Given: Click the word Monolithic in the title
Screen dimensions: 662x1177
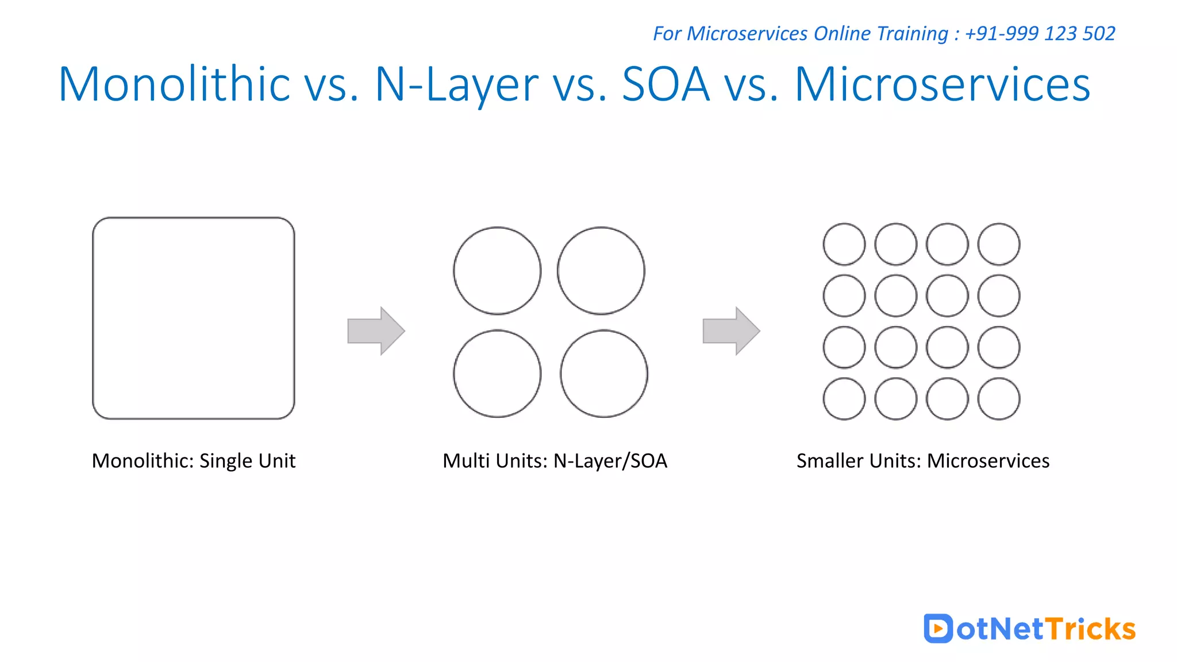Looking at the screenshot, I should (174, 84).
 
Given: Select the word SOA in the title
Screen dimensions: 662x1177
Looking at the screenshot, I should (666, 84).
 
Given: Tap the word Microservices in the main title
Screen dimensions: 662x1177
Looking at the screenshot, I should (942, 84).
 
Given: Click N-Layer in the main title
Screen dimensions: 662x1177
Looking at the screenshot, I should (456, 84).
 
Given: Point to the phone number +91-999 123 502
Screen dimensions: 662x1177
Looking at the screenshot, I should (1040, 33).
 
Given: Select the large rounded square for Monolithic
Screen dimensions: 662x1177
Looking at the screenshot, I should (194, 318).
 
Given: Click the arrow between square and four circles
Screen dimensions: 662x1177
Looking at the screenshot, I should (376, 330).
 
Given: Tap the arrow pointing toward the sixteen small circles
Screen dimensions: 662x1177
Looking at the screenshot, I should (731, 330).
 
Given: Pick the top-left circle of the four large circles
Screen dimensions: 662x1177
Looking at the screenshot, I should (497, 271).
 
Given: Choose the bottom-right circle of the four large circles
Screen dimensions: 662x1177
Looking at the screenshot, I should (604, 374).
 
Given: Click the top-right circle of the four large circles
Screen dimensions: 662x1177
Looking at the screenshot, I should (601, 271).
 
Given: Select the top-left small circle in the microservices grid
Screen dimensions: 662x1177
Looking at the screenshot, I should (844, 244).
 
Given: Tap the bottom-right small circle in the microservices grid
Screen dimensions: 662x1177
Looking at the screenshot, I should (999, 399).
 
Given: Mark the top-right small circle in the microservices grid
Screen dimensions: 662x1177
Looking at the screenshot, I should (999, 244).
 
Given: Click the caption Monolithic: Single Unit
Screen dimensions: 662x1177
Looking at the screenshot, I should (194, 461).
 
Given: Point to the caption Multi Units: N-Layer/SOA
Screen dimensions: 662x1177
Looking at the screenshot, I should (555, 461).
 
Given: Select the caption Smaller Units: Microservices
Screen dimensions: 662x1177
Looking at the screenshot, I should (923, 461).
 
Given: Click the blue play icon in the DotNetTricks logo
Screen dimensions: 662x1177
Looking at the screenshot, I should (938, 628).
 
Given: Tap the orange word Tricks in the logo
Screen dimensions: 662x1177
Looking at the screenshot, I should (1090, 629).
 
